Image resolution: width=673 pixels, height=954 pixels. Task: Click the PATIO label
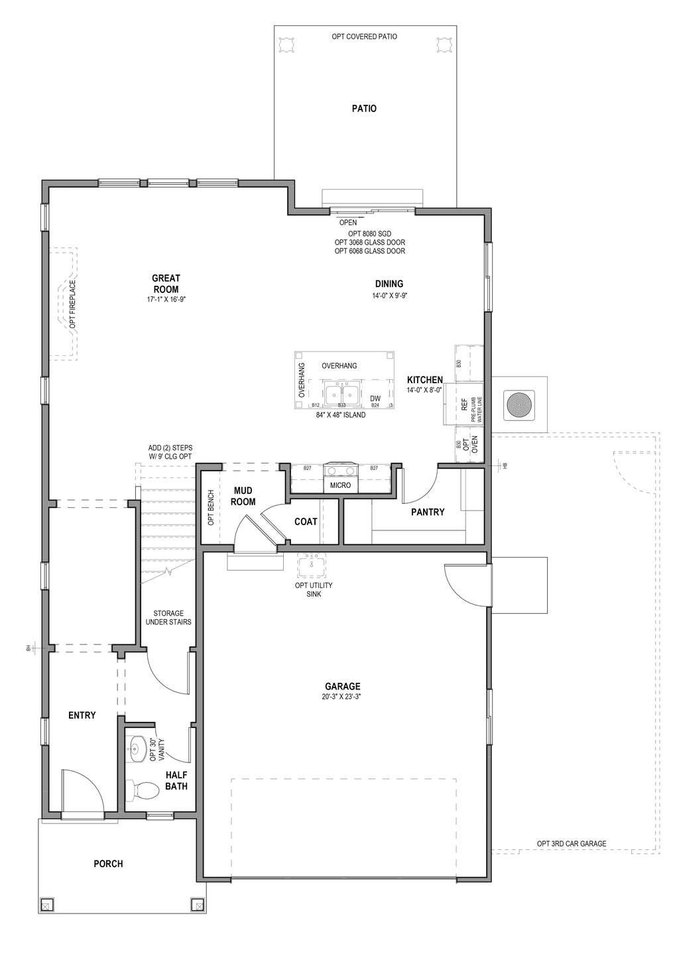[364, 108]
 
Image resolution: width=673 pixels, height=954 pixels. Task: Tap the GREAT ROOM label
[166, 284]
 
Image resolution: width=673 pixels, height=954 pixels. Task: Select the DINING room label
[389, 284]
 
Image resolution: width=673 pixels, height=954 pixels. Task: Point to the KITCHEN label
[424, 380]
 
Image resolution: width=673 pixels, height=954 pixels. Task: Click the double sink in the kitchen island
[342, 392]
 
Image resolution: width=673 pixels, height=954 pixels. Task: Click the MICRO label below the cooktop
[340, 485]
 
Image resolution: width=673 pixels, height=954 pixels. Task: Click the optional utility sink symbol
[310, 564]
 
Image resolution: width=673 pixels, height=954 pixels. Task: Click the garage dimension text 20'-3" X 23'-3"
[342, 697]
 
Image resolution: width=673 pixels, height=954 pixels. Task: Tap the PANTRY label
[428, 512]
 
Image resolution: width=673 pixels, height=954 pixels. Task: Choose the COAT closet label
[306, 522]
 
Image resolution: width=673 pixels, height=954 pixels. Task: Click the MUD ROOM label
[243, 496]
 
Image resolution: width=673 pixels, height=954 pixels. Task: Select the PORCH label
[108, 863]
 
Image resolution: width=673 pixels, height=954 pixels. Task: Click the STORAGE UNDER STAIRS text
[168, 617]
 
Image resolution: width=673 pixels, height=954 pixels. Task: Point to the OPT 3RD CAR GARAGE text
[571, 844]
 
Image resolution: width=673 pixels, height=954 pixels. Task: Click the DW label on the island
[375, 398]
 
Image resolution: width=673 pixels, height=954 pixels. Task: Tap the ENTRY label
[82, 715]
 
